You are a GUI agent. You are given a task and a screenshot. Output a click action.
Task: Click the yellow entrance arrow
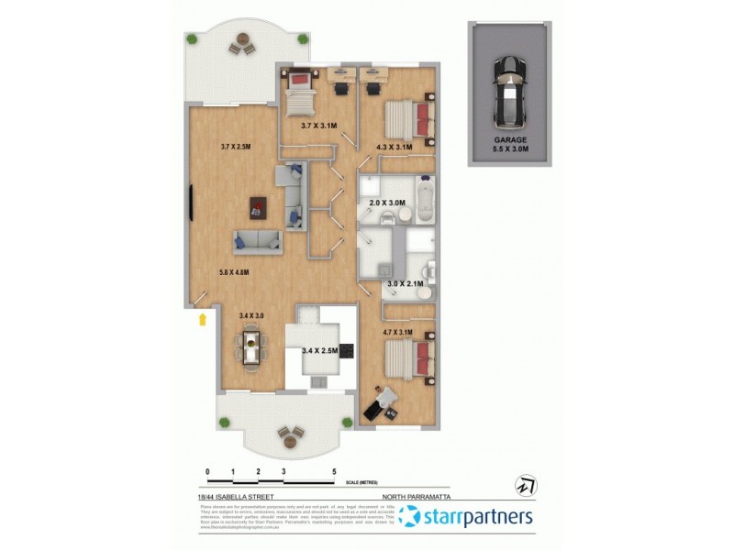[x=201, y=318]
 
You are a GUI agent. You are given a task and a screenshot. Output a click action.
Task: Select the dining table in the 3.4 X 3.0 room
[x=250, y=348]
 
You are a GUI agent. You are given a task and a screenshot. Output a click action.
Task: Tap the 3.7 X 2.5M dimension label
[x=237, y=147]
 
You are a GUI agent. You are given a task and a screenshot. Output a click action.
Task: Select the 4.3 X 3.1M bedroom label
[x=394, y=147]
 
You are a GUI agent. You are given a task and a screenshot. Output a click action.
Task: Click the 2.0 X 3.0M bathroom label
[x=386, y=203]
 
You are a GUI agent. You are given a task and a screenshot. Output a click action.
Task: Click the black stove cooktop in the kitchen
[x=347, y=349]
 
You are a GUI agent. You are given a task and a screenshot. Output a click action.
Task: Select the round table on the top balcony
[x=242, y=42]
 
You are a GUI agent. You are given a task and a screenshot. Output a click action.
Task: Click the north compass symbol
[x=527, y=484]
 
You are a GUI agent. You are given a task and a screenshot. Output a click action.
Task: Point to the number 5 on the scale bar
[x=335, y=471]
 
